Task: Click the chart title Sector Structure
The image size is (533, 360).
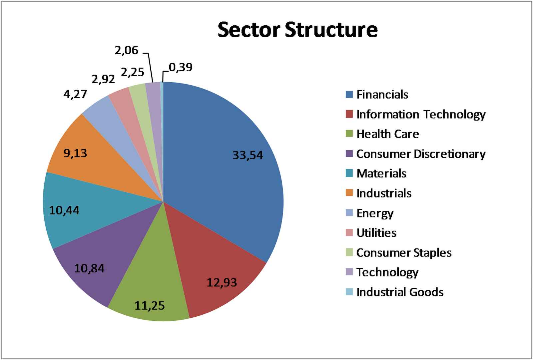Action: [297, 30]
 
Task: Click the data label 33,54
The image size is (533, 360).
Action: [248, 155]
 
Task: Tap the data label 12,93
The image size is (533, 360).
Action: [222, 283]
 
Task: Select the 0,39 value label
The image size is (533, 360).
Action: [181, 68]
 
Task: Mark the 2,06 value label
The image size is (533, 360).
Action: [126, 50]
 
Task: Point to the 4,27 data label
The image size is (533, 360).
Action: [75, 94]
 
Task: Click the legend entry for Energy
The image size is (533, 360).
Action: [375, 213]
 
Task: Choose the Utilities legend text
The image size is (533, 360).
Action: [376, 233]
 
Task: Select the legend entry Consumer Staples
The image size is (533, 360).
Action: [404, 253]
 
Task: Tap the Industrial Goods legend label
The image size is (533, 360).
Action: [400, 292]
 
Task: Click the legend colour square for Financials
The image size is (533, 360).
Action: [349, 95]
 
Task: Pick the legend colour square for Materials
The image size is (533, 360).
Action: [349, 174]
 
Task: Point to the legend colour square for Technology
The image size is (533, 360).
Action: [349, 272]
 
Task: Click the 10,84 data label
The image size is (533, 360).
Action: [89, 268]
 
